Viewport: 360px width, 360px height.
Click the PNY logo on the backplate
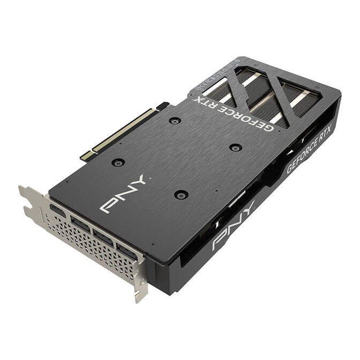(x=123, y=193)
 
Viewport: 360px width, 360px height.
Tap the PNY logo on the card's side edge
(x=234, y=226)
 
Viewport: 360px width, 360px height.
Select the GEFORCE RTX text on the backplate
(x=234, y=113)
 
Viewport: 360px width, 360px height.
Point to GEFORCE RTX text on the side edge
(x=310, y=148)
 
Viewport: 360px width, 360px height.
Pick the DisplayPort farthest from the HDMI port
(x=126, y=250)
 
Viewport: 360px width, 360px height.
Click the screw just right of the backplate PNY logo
(x=181, y=194)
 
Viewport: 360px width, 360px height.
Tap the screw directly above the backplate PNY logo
(x=118, y=162)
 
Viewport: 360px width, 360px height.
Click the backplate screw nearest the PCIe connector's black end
(x=174, y=121)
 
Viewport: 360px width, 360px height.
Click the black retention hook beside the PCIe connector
(x=162, y=106)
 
